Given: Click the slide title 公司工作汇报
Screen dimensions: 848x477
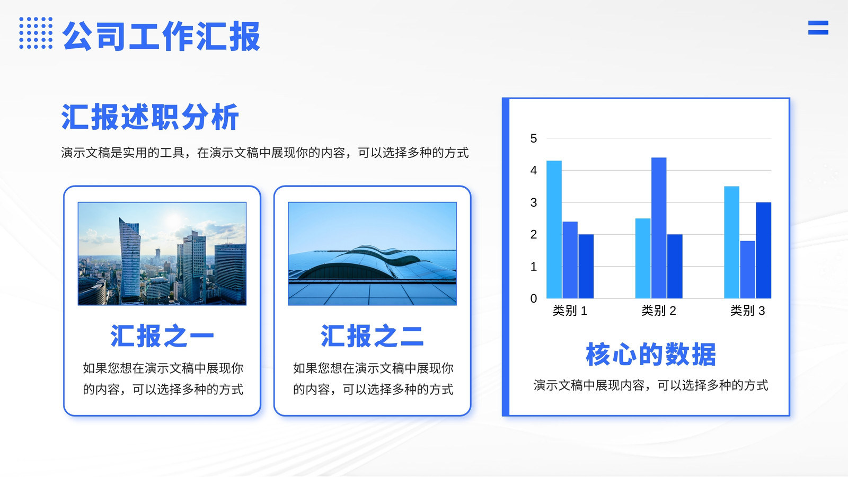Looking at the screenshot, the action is [162, 36].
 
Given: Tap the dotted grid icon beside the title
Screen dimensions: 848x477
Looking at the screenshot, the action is [36, 33].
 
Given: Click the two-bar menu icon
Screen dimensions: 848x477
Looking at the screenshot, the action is [818, 28].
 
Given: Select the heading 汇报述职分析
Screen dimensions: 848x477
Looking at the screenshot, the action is [150, 117].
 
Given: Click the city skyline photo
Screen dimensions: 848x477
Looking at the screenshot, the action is [162, 253].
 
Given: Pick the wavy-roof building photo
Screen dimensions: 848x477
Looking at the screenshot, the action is [372, 253].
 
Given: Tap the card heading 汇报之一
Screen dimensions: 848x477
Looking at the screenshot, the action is [162, 336].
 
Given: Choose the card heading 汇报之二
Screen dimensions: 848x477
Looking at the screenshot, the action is [372, 336].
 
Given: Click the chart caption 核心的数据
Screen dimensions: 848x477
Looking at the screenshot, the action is [651, 355].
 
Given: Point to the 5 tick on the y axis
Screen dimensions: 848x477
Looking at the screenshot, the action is [534, 138].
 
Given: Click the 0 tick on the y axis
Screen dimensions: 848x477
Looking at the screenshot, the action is [534, 299].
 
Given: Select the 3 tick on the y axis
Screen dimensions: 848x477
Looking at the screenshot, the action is [534, 202].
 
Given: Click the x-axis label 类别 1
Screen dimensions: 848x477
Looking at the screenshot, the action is [570, 311].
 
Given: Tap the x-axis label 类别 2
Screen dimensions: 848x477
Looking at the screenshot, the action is [659, 311].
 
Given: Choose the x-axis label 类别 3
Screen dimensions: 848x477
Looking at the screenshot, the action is [748, 311].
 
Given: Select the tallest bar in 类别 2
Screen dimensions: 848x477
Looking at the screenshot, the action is [659, 228].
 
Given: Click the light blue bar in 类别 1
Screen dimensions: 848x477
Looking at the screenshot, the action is [554, 229].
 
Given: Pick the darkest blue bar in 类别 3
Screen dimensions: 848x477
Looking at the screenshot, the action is [764, 250].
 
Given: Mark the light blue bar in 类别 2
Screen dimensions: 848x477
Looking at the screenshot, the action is [643, 258].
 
